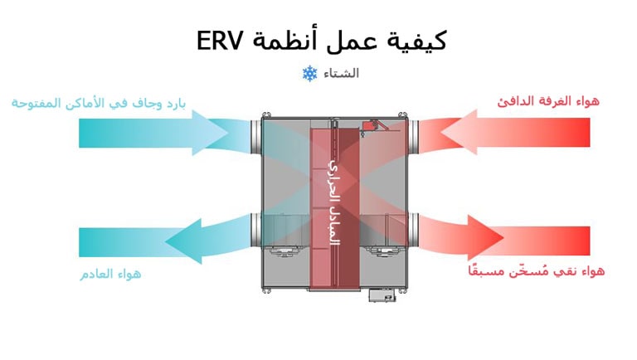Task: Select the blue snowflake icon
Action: click(x=310, y=74)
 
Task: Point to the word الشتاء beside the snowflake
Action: click(x=342, y=74)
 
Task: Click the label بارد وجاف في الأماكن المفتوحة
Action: click(x=98, y=102)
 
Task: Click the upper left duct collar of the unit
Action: click(x=254, y=134)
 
